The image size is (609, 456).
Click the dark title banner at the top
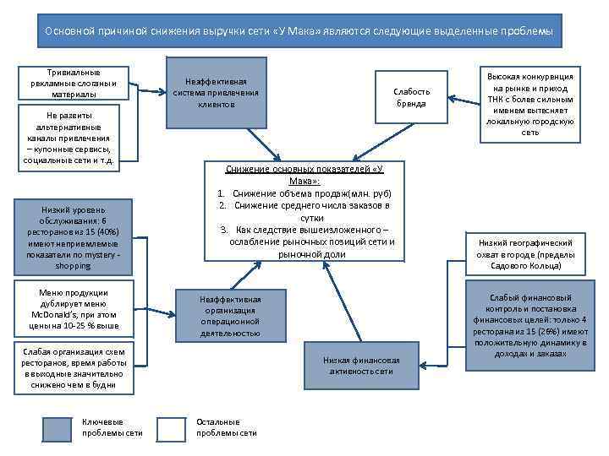pos(299,31)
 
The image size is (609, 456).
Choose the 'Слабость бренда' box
pos(412,97)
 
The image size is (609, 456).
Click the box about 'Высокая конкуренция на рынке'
pos(530,103)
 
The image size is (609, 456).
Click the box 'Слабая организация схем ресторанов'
pos(74,368)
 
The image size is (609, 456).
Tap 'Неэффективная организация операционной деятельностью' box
pos(230,316)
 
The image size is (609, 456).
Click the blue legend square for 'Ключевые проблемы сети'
pos(58,429)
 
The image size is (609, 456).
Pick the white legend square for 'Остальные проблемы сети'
pos(172,429)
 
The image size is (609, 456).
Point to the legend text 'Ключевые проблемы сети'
pos(112,428)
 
